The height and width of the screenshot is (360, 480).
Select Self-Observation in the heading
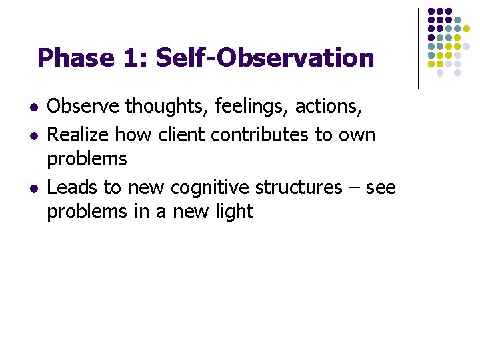click(x=265, y=58)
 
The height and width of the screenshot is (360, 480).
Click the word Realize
click(x=79, y=135)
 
